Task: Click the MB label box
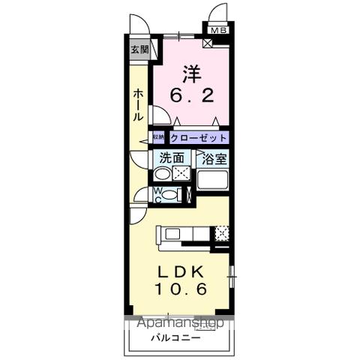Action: [x=218, y=31]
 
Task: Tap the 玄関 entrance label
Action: [x=139, y=50]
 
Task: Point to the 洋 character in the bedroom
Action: [x=190, y=75]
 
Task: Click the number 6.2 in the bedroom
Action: [x=190, y=95]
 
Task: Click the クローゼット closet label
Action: [x=198, y=138]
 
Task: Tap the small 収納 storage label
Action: [x=159, y=138]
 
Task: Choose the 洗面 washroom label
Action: [x=171, y=158]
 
